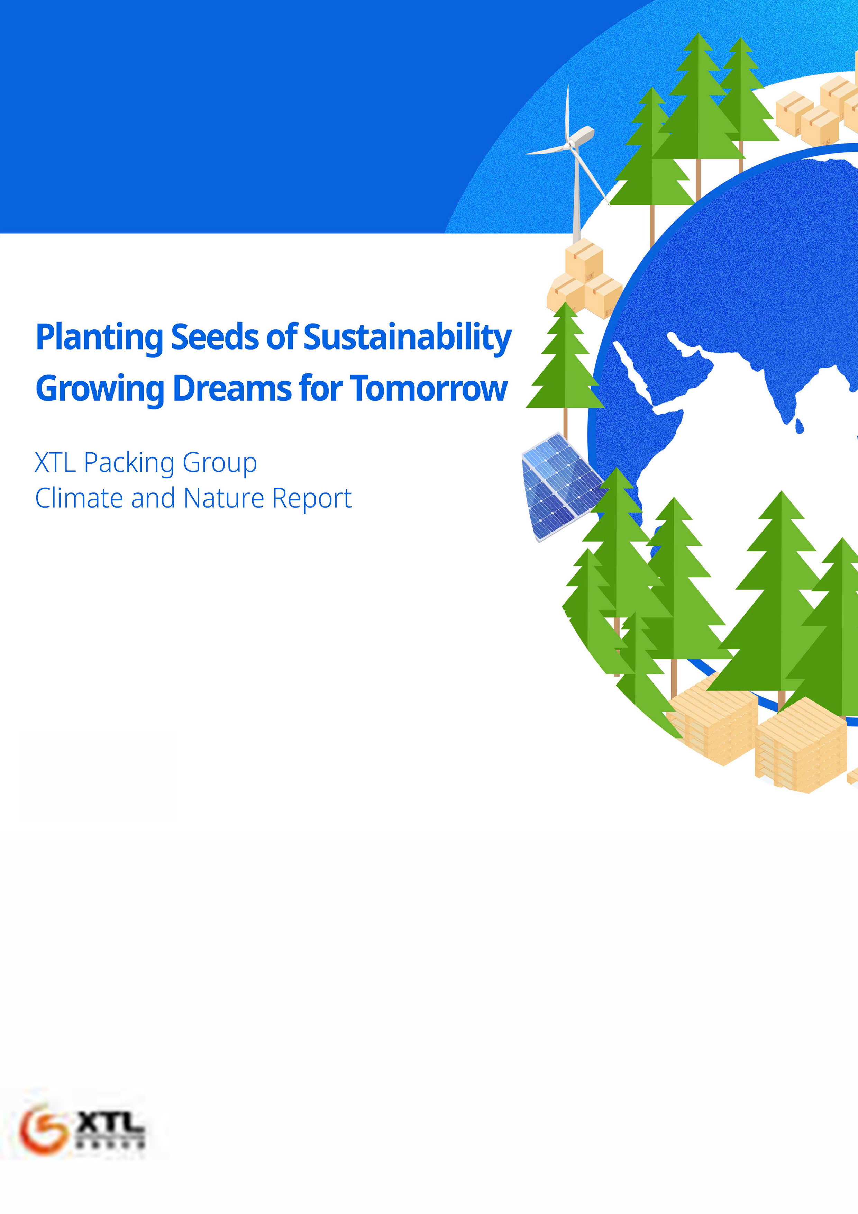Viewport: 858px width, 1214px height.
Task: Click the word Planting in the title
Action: click(x=99, y=337)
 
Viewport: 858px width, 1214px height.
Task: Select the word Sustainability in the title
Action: click(x=408, y=337)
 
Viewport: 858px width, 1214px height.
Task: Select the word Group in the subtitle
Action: click(x=219, y=463)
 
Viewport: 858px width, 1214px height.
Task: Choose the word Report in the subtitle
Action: click(x=312, y=499)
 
